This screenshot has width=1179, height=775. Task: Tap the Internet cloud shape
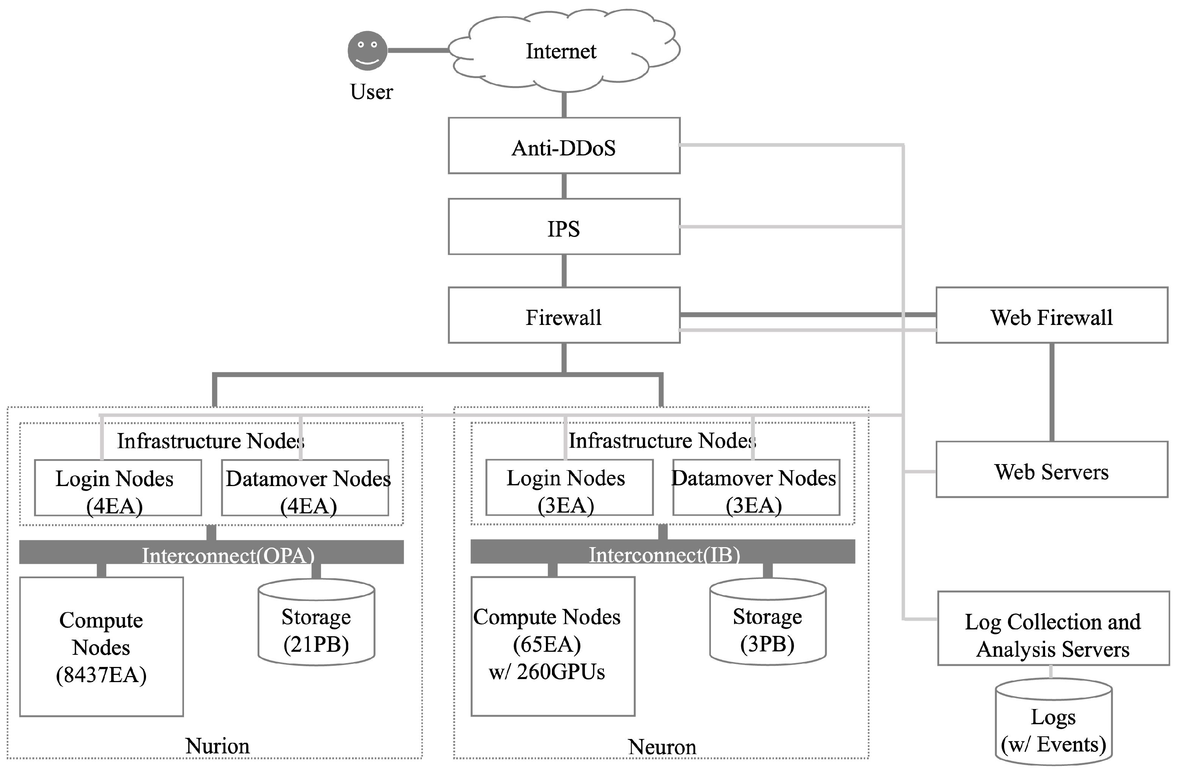(561, 51)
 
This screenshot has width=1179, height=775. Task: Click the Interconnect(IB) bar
(663, 551)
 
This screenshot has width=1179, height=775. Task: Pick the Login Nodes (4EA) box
(118, 488)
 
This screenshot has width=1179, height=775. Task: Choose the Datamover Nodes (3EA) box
(756, 487)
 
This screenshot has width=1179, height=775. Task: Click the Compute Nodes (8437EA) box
(102, 646)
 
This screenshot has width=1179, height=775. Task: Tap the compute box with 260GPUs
(553, 646)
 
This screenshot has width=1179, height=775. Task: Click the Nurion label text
(217, 746)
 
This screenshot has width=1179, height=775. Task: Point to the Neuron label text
(662, 747)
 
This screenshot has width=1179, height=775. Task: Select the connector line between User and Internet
(418, 50)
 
